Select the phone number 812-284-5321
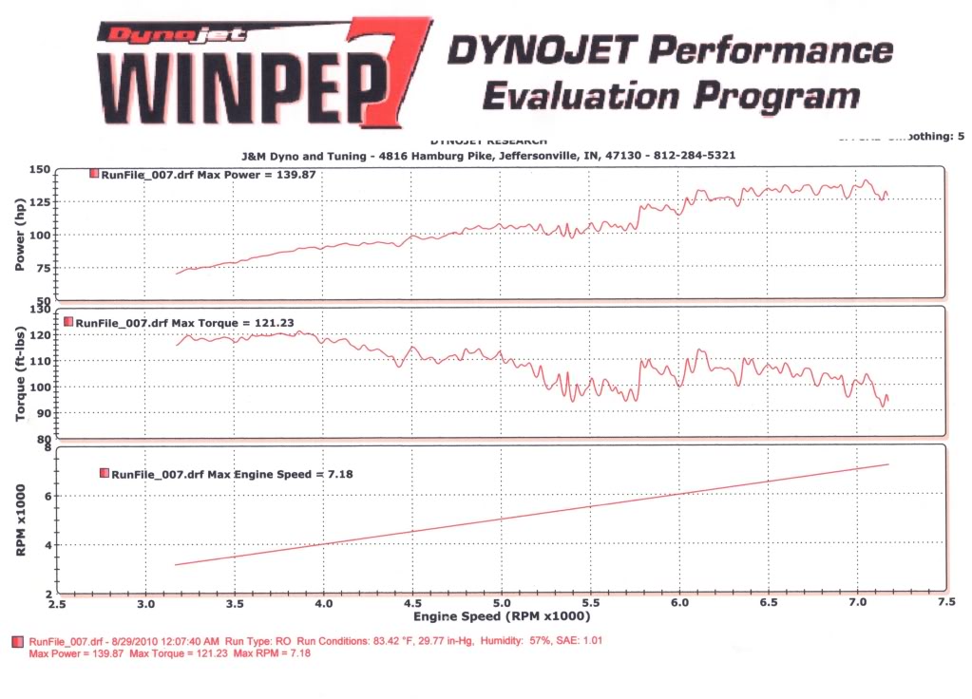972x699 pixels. pos(698,155)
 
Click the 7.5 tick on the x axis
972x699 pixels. pos(946,603)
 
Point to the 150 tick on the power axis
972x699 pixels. pos(39,170)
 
